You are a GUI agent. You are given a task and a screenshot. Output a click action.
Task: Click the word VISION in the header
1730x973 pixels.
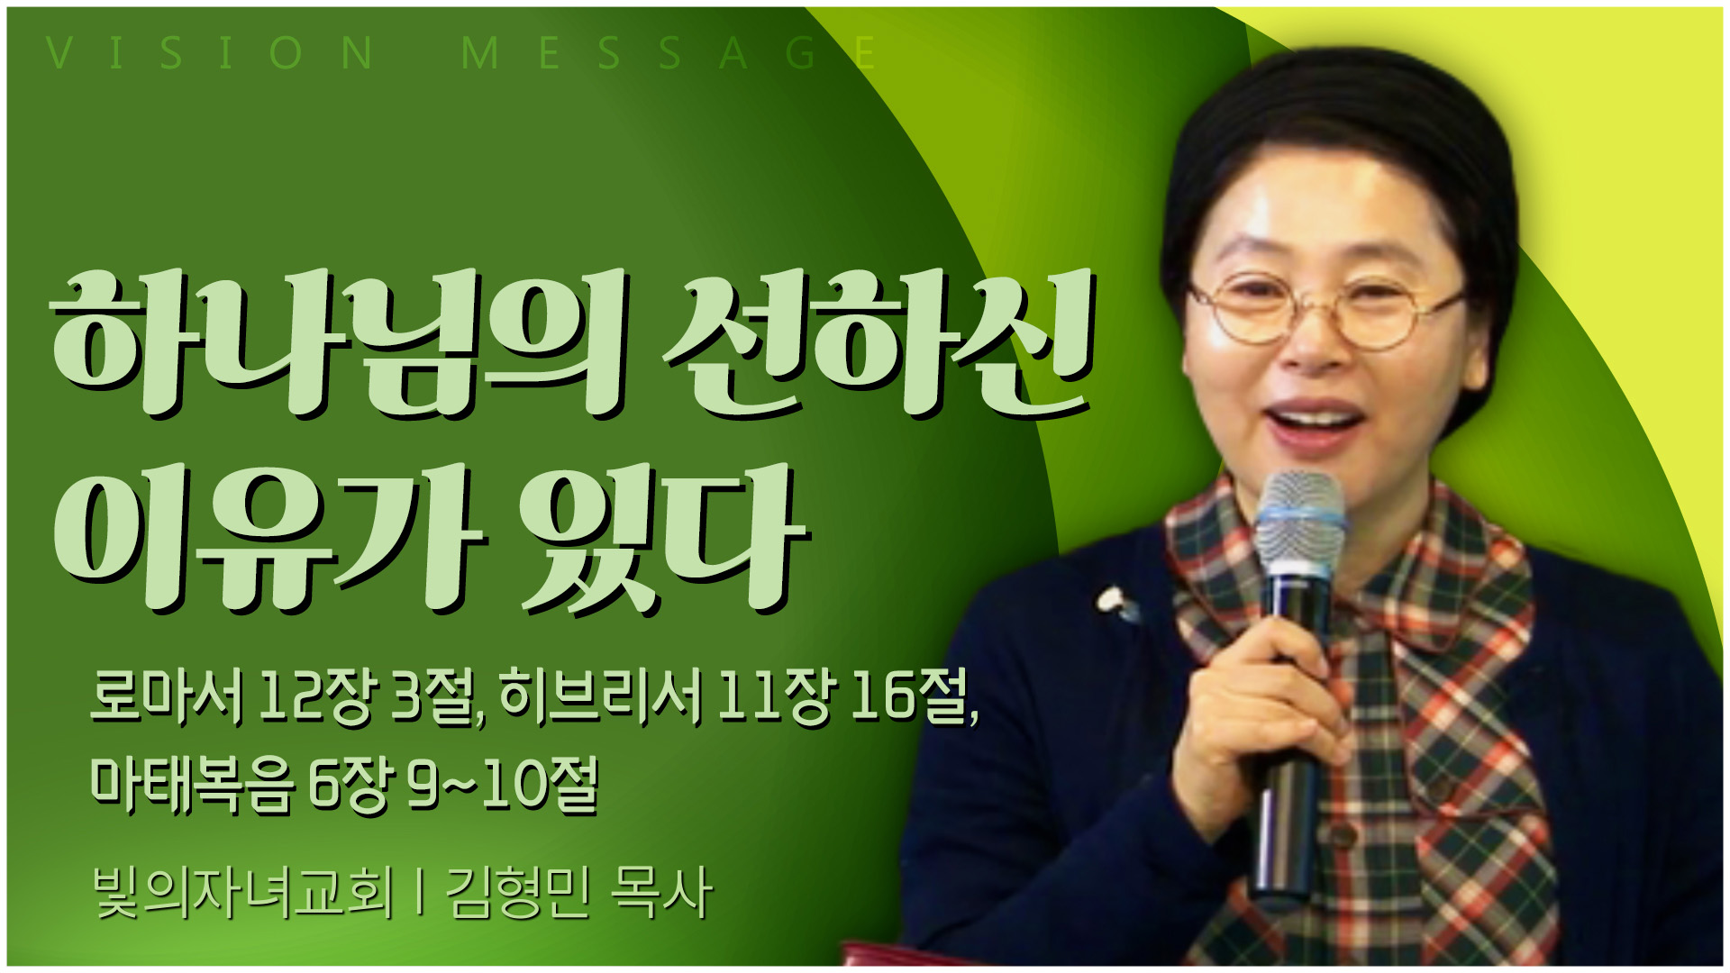click(x=209, y=53)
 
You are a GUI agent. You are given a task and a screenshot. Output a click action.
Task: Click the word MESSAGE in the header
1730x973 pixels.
click(x=668, y=53)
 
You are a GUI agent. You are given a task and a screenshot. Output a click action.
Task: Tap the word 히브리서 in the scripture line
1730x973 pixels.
click(x=600, y=697)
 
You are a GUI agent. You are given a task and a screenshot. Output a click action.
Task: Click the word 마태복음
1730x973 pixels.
click(x=192, y=784)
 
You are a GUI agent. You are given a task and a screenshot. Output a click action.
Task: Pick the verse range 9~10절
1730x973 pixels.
click(x=503, y=784)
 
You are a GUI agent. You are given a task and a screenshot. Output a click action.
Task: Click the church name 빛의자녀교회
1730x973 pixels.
click(x=243, y=893)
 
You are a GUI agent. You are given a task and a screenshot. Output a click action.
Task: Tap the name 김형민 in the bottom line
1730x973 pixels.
click(x=518, y=893)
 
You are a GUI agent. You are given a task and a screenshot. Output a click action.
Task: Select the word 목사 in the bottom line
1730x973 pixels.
click(x=662, y=893)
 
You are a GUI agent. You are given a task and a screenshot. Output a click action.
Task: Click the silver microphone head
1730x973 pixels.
click(x=1299, y=523)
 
